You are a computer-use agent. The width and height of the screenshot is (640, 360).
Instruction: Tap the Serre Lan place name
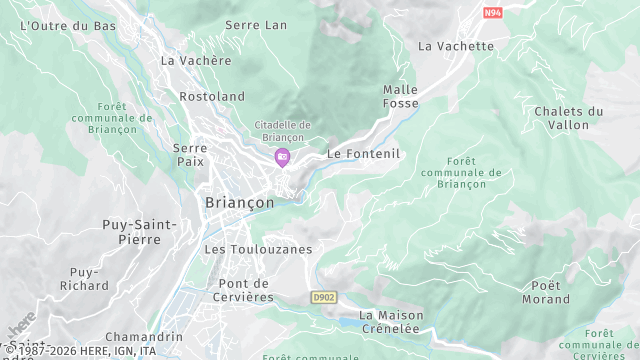click(x=256, y=25)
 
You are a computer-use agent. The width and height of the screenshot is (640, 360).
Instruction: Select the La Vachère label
click(x=196, y=60)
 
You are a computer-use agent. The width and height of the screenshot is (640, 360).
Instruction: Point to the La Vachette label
click(x=456, y=46)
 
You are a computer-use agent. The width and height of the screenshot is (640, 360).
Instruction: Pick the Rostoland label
click(x=212, y=97)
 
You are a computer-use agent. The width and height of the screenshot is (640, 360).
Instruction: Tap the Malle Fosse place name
click(x=401, y=96)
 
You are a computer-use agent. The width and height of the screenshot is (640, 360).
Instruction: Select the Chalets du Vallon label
click(x=569, y=118)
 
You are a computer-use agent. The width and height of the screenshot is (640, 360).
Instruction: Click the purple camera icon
click(x=283, y=156)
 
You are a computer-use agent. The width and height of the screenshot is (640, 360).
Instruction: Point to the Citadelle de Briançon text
click(x=283, y=130)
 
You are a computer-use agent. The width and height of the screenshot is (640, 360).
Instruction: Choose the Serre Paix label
click(x=190, y=154)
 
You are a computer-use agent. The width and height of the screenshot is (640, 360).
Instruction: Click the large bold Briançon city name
click(x=239, y=202)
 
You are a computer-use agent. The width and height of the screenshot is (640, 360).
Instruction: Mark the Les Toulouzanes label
click(x=258, y=249)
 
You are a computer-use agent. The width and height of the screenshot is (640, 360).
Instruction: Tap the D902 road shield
click(x=323, y=297)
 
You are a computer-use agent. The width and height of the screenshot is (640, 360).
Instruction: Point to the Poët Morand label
click(x=546, y=292)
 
